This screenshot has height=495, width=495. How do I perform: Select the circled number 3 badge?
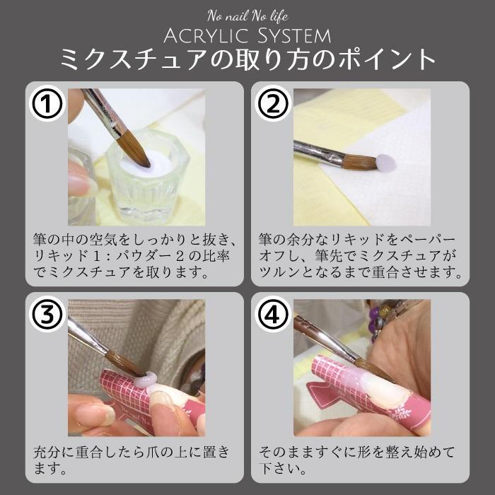point(47,316)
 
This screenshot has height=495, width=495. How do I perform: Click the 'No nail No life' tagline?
point(248,16)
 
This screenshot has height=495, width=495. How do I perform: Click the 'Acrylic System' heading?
point(248,35)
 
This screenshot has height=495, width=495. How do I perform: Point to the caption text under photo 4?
point(357,459)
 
